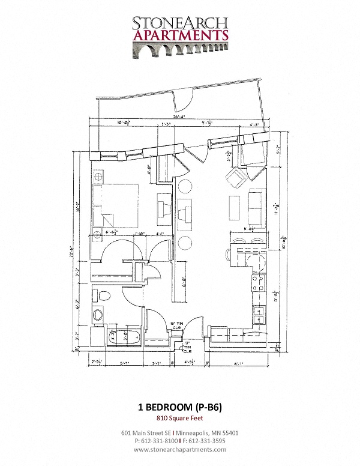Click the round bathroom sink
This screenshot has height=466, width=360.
point(98,315)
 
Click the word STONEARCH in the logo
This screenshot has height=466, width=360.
point(179,23)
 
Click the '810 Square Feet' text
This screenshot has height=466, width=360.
point(179,419)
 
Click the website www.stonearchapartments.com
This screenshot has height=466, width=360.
point(179,449)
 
